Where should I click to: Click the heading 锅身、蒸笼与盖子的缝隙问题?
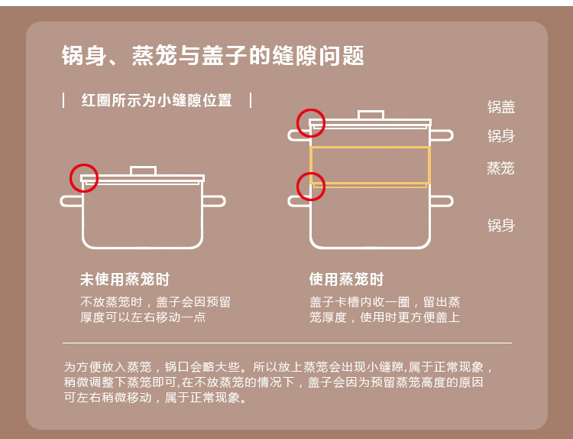pos(212,56)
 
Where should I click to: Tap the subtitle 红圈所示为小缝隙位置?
pos(157,101)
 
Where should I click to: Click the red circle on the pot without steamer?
pos(84,178)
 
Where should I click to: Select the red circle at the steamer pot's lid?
pos(311,122)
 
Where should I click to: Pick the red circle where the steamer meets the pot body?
pos(311,185)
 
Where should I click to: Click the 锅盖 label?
pos(501,107)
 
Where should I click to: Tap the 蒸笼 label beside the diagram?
pos(501,168)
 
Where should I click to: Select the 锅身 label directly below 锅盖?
pos(501,137)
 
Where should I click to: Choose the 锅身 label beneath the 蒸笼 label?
pos(501,226)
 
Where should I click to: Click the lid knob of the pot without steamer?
pos(143,171)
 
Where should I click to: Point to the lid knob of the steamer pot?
pos(371,115)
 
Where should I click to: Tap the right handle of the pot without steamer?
pos(214,201)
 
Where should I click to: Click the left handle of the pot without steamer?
pos(72,201)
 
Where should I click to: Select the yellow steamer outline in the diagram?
pos(371,166)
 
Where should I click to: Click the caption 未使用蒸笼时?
pos(125,279)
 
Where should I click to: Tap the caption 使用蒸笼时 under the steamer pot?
pos(346,279)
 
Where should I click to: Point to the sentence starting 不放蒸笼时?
pos(155,309)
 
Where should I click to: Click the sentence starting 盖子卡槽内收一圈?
pos(384,309)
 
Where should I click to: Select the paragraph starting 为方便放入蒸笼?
pos(279,382)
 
